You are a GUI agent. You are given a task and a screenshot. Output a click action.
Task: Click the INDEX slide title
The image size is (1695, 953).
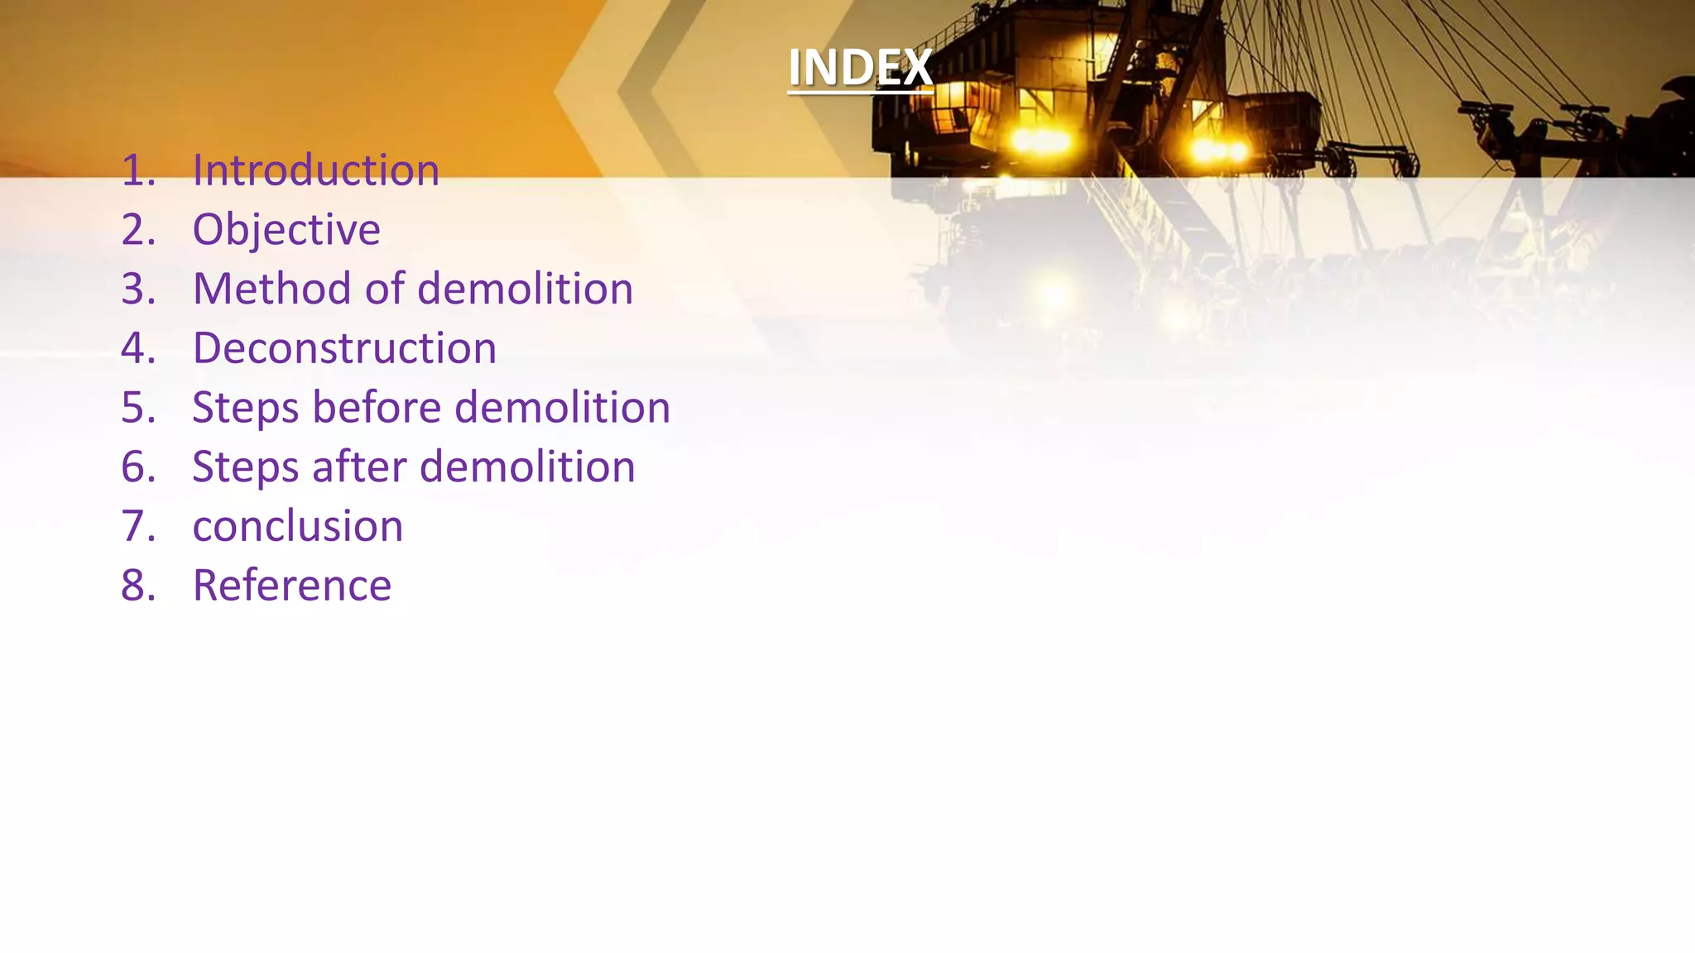click(860, 68)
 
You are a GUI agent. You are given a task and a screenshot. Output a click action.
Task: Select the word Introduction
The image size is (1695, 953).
click(315, 170)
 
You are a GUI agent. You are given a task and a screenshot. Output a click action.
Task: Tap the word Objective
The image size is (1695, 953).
click(286, 230)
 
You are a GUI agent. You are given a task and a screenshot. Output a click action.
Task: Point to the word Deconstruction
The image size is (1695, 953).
click(344, 348)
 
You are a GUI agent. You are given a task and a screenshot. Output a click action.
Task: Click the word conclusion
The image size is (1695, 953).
click(298, 526)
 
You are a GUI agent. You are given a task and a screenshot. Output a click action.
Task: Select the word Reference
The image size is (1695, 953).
click(291, 586)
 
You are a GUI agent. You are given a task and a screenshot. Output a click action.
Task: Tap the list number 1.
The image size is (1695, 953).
click(137, 170)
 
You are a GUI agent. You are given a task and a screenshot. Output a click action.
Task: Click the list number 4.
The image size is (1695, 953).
click(137, 348)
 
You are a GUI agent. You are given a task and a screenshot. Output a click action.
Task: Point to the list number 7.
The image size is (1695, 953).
click(137, 526)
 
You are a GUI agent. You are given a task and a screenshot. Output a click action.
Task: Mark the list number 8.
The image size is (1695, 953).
click(137, 586)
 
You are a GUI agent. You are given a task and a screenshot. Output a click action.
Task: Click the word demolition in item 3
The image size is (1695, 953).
click(525, 289)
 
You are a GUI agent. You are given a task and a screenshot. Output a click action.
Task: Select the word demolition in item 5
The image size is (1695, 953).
click(562, 407)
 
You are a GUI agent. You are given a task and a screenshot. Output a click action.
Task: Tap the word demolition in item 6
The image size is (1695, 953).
click(527, 467)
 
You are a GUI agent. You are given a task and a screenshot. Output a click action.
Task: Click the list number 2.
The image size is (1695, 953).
click(137, 230)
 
